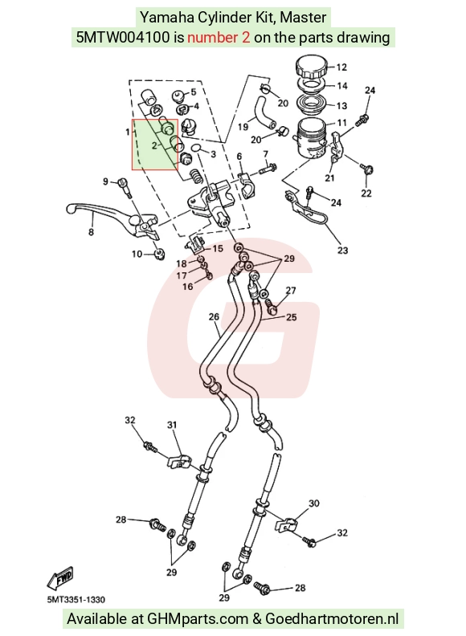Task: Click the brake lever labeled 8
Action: [109, 219]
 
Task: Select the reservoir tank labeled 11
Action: [312, 137]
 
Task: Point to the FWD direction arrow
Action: [59, 578]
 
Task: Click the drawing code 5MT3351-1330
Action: [76, 600]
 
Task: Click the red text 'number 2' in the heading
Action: [219, 37]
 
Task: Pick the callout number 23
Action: [342, 251]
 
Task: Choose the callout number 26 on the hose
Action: [214, 316]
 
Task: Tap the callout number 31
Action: [172, 425]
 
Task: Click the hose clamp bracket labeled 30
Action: [286, 525]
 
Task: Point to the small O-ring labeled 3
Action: [195, 148]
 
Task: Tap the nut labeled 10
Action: [159, 255]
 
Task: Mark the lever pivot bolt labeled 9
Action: [124, 188]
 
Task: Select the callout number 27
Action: [291, 291]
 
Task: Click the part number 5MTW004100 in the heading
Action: [123, 37]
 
